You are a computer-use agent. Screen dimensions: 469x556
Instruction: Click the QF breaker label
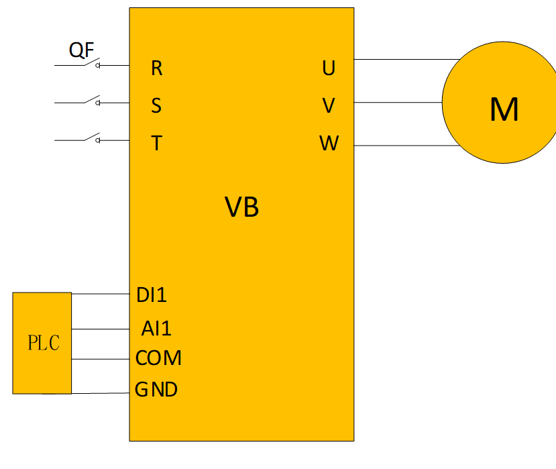[x=81, y=50]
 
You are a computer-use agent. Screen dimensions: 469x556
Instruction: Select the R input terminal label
[x=156, y=68]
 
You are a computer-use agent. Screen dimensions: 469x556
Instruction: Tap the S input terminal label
[x=156, y=105]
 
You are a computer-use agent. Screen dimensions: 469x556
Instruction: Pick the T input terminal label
[x=156, y=143]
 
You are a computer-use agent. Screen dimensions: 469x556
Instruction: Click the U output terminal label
[x=329, y=68]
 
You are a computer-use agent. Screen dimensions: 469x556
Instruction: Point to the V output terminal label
[x=329, y=105]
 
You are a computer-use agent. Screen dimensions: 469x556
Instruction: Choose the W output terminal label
[x=329, y=143]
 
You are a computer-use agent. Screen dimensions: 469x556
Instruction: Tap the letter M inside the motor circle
[x=504, y=109]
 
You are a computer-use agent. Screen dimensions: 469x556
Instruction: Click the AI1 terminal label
[x=156, y=329]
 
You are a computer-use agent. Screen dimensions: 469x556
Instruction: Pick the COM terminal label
[x=158, y=358]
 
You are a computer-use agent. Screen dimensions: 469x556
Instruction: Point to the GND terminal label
[x=156, y=389]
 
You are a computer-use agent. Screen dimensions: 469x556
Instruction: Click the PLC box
[x=42, y=343]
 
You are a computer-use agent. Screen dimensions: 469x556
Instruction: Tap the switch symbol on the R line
[x=93, y=64]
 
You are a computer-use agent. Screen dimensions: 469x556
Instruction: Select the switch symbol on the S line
[x=93, y=101]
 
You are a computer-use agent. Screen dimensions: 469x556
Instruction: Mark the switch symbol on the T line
[x=93, y=138]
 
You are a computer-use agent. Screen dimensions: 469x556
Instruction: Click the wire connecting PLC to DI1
[x=101, y=294]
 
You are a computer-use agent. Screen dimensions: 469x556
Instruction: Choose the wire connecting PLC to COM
[x=101, y=359]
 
